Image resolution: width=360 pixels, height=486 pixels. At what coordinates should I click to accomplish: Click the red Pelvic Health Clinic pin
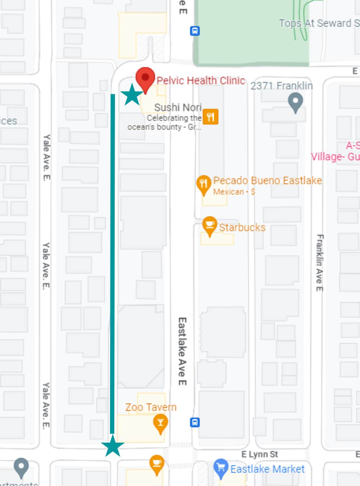145,78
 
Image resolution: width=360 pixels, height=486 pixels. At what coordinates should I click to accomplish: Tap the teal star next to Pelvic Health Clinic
132,95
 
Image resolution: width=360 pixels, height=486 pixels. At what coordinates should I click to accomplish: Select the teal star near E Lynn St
113,446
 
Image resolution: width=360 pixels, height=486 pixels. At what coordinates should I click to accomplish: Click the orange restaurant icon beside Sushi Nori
210,117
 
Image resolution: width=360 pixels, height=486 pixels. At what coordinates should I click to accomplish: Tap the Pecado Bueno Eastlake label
267,181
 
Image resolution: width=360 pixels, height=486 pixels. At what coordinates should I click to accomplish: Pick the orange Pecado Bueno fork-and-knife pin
204,184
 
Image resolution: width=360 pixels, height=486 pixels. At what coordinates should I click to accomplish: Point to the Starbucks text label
242,227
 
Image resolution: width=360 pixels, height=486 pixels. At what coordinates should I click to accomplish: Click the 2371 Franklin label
282,86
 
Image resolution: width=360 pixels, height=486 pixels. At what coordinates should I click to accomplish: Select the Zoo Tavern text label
151,407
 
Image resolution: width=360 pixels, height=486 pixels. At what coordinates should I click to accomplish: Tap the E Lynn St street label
259,454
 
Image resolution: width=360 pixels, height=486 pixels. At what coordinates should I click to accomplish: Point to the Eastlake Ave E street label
182,351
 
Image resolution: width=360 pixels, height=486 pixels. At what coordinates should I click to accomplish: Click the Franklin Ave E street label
320,263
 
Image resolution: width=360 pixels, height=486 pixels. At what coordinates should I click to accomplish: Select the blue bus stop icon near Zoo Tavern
195,422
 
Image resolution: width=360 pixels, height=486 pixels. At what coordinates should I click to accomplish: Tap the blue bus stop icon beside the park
195,31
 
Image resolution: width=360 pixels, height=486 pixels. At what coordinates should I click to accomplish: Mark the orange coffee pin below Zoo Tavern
157,464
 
